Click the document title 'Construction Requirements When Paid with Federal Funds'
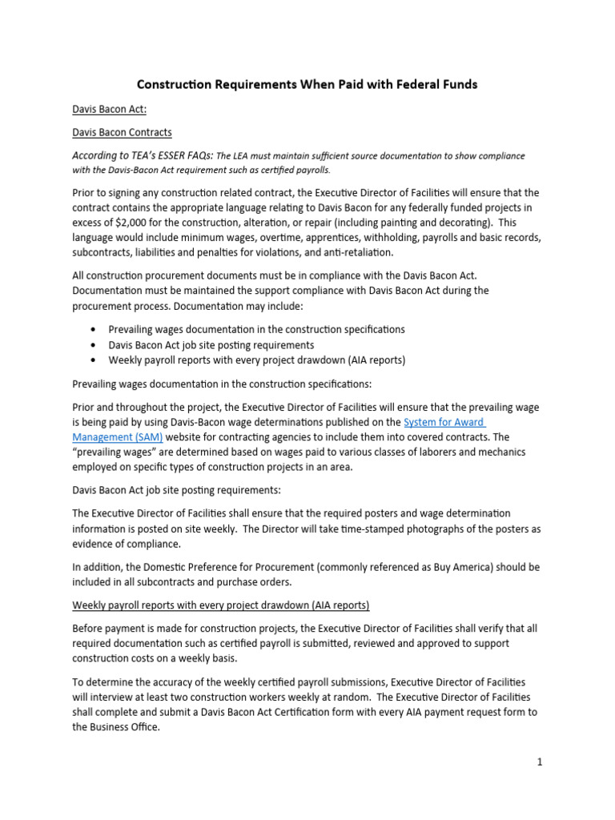(x=307, y=84)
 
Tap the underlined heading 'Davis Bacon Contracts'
(x=122, y=132)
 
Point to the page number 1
(x=540, y=762)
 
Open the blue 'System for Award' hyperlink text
(x=444, y=422)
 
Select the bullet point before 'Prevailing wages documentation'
(x=95, y=329)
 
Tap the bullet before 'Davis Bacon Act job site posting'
(x=95, y=345)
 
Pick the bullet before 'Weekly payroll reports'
(x=95, y=360)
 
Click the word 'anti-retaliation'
(x=355, y=254)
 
